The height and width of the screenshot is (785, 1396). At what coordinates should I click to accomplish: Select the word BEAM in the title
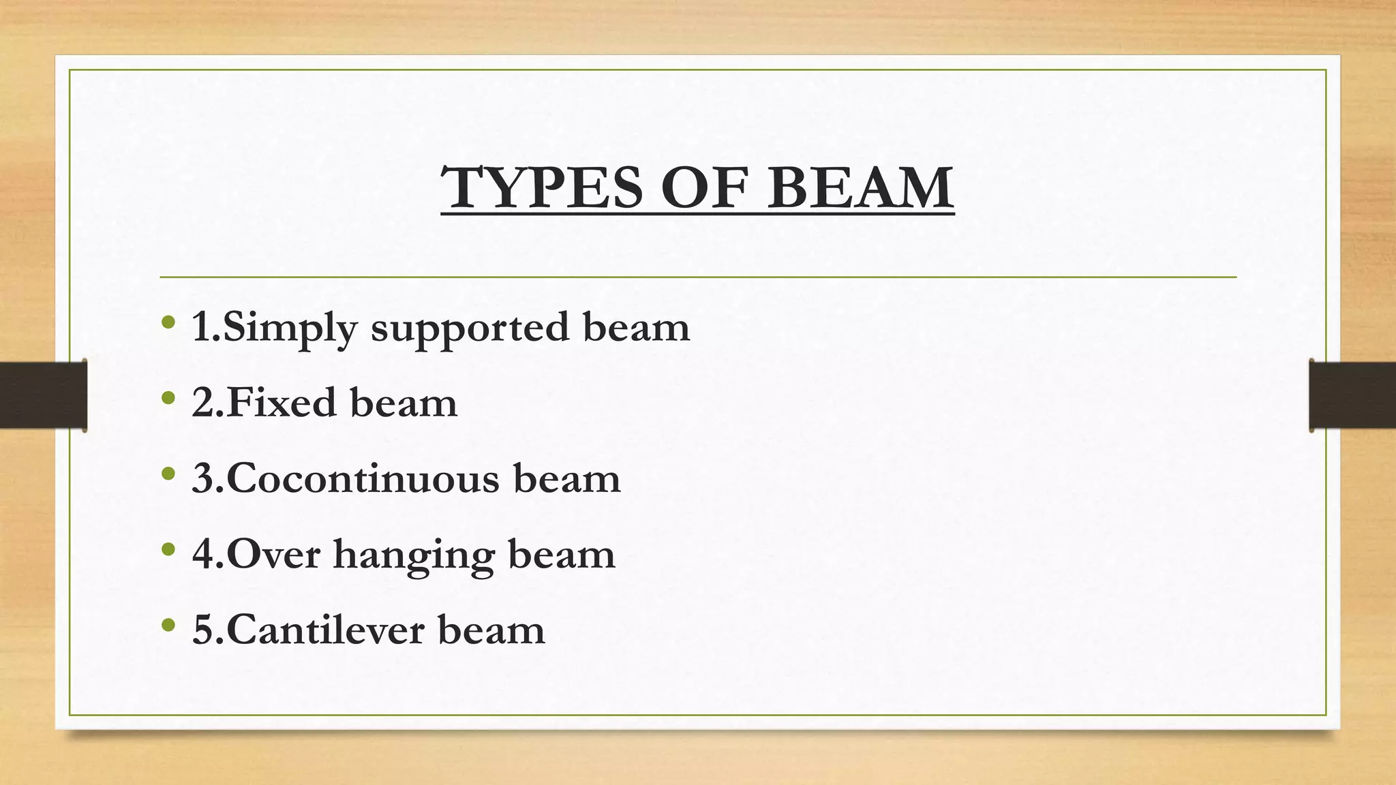[860, 187]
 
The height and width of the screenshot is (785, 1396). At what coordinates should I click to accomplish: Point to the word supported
[470, 328]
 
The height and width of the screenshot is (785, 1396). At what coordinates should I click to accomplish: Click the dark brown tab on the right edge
[1352, 395]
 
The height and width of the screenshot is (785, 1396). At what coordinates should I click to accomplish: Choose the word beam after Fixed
[404, 402]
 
